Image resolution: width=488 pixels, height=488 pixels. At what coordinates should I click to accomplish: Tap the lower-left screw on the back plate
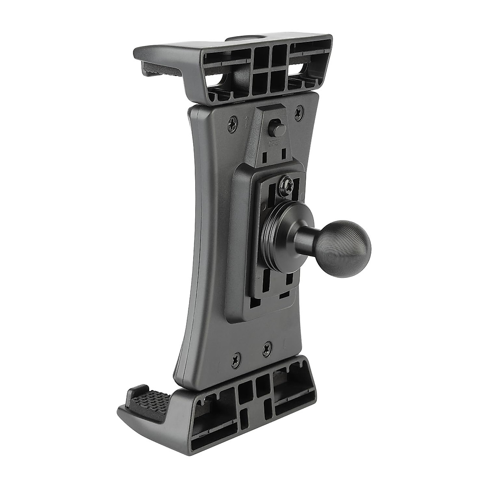236,358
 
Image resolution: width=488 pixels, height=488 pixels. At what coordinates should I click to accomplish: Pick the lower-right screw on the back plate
267,348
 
